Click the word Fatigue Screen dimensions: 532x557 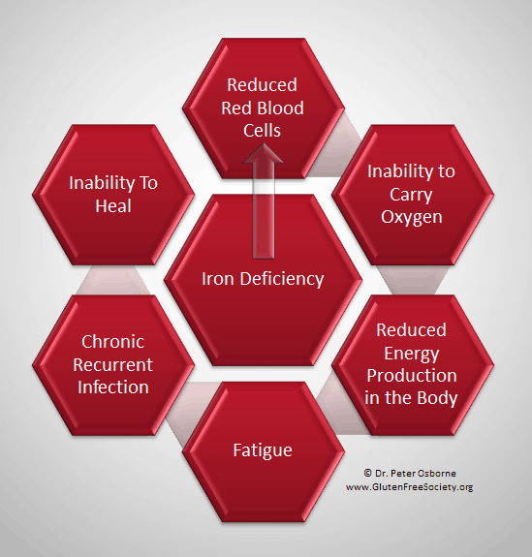click(x=263, y=450)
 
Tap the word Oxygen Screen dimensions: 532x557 click(x=412, y=217)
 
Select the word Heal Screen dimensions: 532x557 click(x=113, y=205)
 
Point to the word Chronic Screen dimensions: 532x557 click(x=112, y=342)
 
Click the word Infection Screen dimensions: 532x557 click(x=113, y=387)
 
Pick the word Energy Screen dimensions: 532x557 click(x=412, y=354)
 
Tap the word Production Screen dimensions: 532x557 click(x=412, y=376)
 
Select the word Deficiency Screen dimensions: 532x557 click(x=282, y=279)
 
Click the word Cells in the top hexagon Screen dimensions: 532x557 click(x=262, y=131)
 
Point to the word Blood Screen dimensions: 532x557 click(x=283, y=108)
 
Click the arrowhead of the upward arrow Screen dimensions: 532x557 click(x=263, y=153)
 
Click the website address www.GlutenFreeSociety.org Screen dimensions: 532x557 click(x=409, y=487)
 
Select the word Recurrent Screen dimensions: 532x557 click(x=112, y=364)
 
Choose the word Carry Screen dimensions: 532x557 click(x=411, y=195)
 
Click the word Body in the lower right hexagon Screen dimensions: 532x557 click(x=437, y=397)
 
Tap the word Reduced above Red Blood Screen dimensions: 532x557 click(x=262, y=85)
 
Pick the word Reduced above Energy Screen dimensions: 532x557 click(x=411, y=330)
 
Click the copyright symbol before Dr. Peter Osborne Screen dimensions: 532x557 click(x=367, y=473)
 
